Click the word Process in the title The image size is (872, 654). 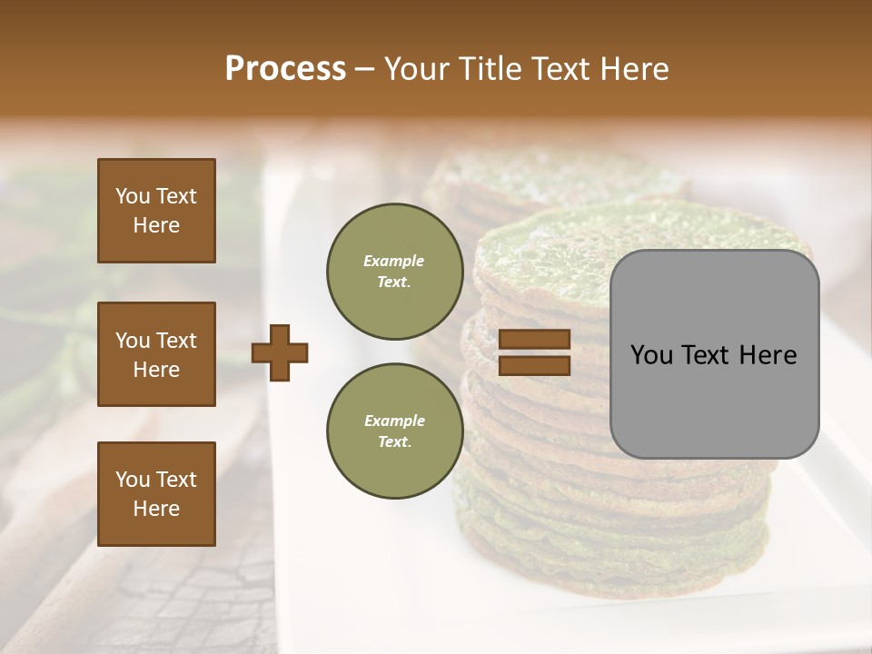pos(285,68)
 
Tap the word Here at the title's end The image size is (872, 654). pos(631,69)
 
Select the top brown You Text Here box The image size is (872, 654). pos(156,211)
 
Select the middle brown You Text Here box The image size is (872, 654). pos(156,354)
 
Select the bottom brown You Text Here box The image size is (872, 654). pos(156,494)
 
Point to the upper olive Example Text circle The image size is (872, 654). pos(394,272)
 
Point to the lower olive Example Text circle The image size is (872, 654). pos(394,431)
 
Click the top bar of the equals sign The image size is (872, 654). pos(535,340)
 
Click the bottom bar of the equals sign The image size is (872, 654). pos(535,366)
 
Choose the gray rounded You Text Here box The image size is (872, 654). pos(715,354)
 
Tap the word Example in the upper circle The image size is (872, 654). pos(394,261)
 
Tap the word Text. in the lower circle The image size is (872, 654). pos(394,441)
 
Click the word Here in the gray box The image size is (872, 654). pos(768,355)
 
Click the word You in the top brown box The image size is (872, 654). pos(133,196)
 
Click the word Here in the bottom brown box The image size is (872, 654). pos(156,509)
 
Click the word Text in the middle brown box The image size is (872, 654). pos(176,341)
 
